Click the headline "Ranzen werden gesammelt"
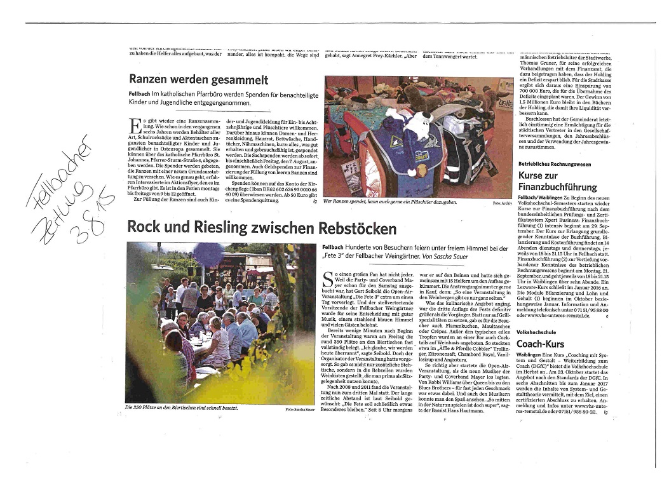click(x=198, y=79)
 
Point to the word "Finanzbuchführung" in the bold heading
click(x=557, y=187)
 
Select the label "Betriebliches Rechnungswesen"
click(x=554, y=164)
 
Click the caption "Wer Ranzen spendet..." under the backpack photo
click(x=390, y=202)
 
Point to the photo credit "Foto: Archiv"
click(x=501, y=203)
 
